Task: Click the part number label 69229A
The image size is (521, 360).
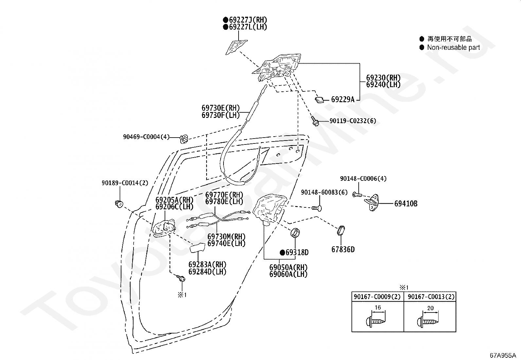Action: point(343,100)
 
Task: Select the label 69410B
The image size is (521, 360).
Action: point(406,204)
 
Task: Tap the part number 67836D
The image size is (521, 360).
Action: point(343,250)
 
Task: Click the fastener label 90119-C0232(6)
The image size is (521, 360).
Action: point(352,121)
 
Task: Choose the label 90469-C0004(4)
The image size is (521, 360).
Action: point(146,137)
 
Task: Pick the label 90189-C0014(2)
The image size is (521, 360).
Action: point(125,183)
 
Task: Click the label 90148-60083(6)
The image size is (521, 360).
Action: point(324,192)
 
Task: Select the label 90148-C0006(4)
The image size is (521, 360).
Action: point(363,179)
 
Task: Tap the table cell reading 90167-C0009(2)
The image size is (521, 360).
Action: point(377,297)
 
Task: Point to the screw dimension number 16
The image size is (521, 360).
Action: point(378,308)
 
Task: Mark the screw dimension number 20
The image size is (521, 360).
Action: point(431,308)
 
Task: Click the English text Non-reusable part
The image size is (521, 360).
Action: point(454,47)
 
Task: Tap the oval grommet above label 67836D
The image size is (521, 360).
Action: point(341,231)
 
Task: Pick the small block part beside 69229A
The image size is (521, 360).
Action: point(319,100)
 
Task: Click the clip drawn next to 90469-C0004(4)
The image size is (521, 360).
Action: point(184,139)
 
